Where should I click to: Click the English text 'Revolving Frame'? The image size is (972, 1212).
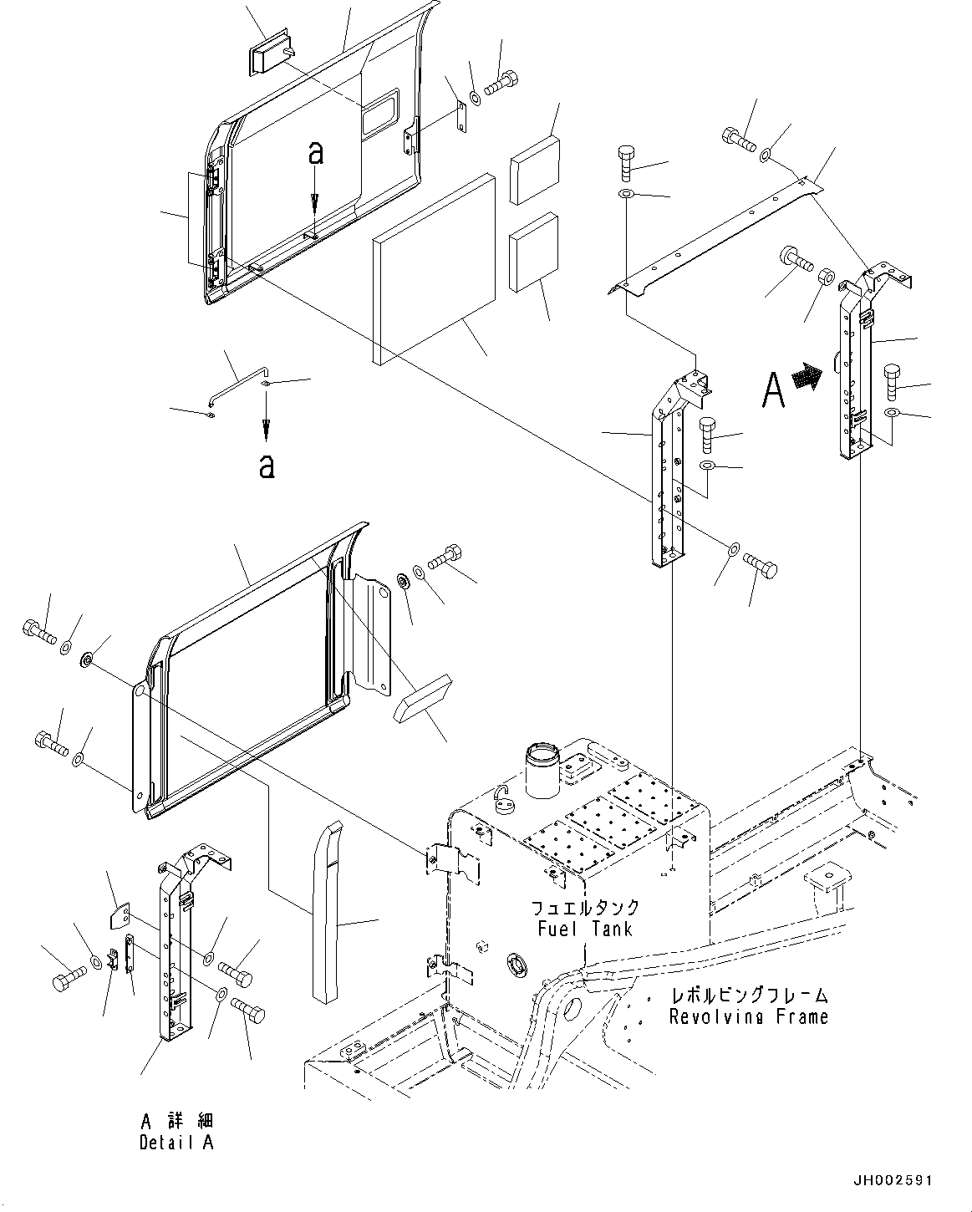[748, 1017]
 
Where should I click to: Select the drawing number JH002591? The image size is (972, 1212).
[893, 1181]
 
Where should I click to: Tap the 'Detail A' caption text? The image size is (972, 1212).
[176, 1143]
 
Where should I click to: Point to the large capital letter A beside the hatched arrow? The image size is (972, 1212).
[774, 389]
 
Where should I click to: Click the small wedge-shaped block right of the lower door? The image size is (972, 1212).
[422, 698]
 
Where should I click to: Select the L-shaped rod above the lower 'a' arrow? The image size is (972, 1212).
[236, 388]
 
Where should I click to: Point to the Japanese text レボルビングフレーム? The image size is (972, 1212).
[750, 996]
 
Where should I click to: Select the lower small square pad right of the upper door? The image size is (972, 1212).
[533, 252]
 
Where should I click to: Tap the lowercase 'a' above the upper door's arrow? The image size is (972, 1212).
[314, 152]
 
